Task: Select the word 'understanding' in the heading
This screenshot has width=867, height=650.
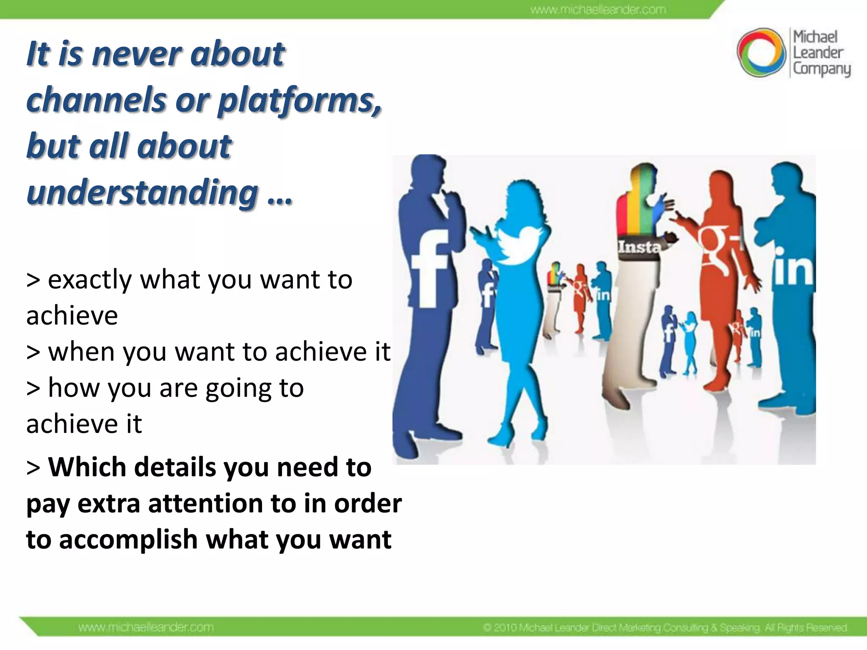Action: [x=142, y=193]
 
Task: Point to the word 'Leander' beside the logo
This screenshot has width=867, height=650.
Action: [x=818, y=53]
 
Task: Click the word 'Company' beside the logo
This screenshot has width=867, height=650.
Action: [x=821, y=69]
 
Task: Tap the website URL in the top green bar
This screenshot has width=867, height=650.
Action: [x=598, y=9]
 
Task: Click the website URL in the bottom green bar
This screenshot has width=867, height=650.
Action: [x=146, y=627]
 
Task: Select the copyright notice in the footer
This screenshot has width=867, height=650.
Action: [x=665, y=627]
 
